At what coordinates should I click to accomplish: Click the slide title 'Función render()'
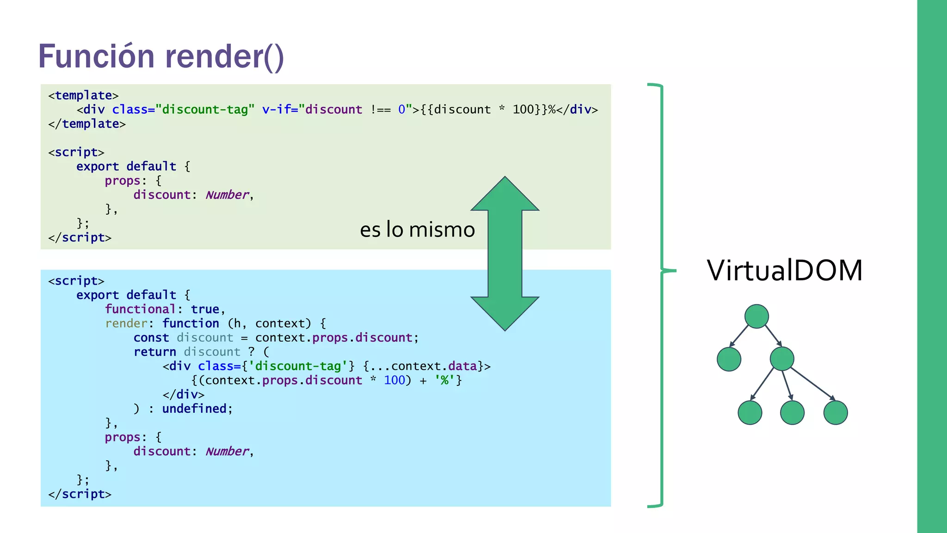[x=161, y=56]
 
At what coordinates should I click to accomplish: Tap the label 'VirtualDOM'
[x=784, y=270]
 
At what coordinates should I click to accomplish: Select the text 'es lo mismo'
[x=417, y=229]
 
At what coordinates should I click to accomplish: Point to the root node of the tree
[x=756, y=316]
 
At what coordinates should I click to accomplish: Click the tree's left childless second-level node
[x=729, y=359]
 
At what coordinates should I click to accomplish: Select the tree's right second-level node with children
[x=782, y=359]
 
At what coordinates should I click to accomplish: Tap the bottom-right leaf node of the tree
[x=836, y=412]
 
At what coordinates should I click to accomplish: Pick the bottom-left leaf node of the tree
[x=750, y=412]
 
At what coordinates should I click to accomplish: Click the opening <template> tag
[x=83, y=95]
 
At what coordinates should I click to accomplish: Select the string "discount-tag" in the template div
[x=205, y=110]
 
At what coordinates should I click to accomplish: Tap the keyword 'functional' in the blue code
[x=140, y=309]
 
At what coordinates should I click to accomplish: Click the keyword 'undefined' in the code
[x=194, y=409]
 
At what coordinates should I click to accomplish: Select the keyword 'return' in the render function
[x=155, y=352]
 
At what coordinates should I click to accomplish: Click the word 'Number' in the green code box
[x=227, y=195]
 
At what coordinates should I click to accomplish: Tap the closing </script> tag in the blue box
[x=80, y=494]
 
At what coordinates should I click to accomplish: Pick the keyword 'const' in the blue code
[x=151, y=338]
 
